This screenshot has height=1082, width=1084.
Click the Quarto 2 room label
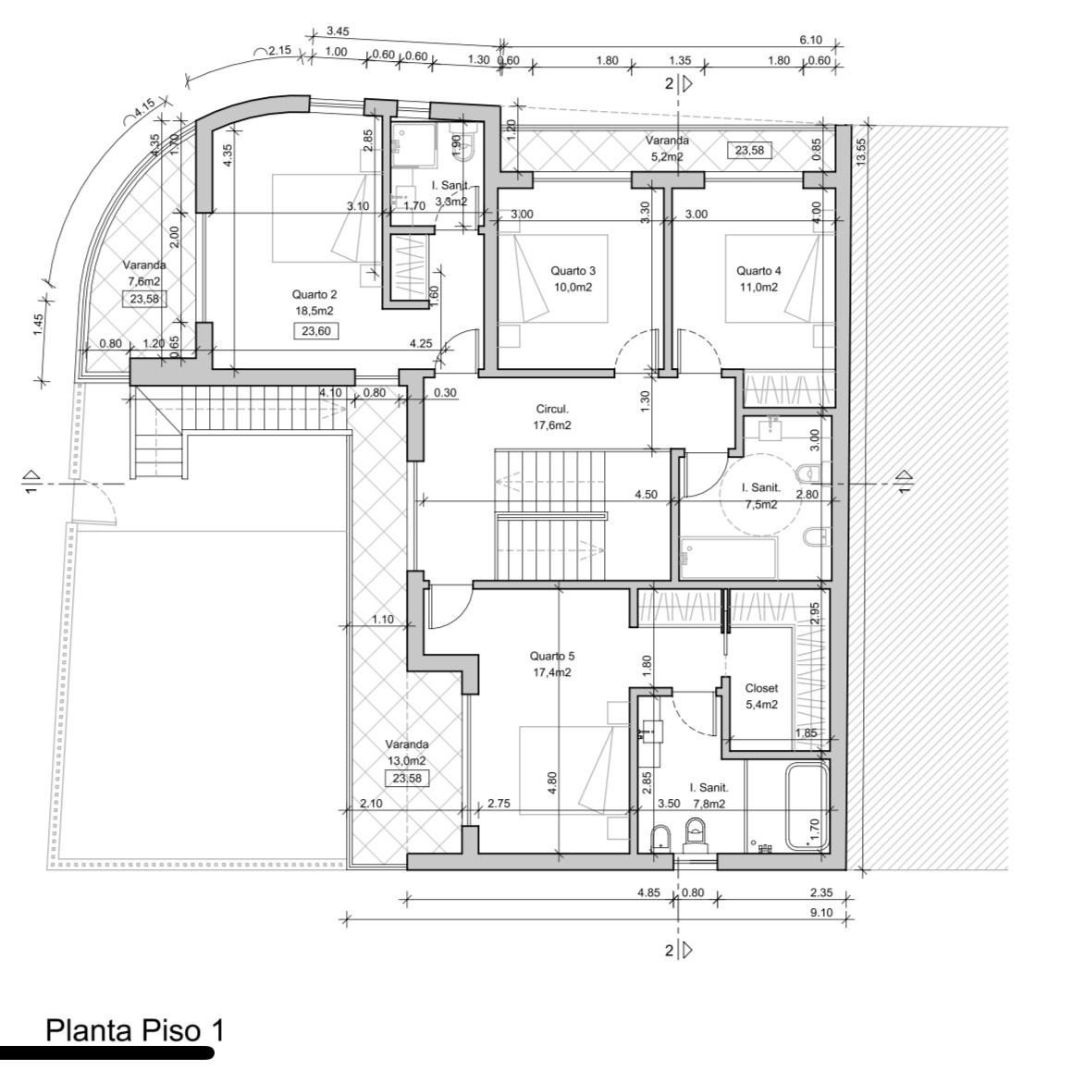314,295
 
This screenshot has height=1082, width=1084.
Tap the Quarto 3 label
573,271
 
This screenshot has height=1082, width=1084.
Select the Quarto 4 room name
758,271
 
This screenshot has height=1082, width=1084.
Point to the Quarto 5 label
552,656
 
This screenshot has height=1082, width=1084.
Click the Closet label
761,689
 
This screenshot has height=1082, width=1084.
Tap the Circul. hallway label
552,410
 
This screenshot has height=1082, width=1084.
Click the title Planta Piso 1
135,1030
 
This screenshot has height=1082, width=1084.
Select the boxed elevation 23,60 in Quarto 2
316,331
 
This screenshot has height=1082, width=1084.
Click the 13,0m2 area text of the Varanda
407,761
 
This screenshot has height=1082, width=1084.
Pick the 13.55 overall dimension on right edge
861,152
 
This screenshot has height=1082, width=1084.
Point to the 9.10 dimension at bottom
821,913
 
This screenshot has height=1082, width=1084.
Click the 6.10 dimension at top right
811,40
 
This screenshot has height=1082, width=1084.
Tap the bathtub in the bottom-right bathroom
807,806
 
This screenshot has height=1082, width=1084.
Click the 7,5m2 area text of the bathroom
761,505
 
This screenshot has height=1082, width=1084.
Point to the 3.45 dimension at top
338,31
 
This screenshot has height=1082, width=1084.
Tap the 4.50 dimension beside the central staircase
647,495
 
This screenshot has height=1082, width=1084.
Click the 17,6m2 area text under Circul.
552,426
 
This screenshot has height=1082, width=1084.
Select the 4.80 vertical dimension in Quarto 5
551,783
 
